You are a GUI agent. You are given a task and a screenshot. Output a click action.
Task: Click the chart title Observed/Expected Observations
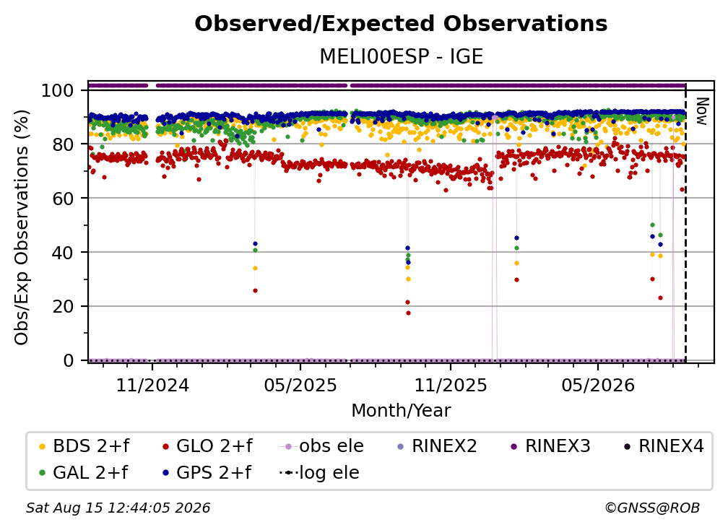pyautogui.click(x=401, y=24)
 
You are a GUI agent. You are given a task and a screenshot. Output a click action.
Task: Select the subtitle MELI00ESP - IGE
pyautogui.click(x=401, y=56)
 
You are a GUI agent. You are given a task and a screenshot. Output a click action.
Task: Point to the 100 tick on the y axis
pyautogui.click(x=58, y=90)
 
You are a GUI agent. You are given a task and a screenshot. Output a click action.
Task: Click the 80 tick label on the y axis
pyautogui.click(x=63, y=144)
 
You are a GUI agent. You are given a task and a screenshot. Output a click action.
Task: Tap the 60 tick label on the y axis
pyautogui.click(x=63, y=198)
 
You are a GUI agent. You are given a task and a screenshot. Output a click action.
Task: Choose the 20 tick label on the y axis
pyautogui.click(x=63, y=306)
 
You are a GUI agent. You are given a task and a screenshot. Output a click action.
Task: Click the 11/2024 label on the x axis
pyautogui.click(x=152, y=385)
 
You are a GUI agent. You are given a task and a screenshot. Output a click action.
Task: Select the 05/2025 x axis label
pyautogui.click(x=300, y=385)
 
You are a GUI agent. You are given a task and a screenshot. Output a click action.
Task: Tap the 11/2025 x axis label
pyautogui.click(x=451, y=385)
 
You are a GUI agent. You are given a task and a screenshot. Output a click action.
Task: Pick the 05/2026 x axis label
pyautogui.click(x=598, y=385)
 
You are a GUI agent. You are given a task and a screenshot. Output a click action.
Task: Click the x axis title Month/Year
pyautogui.click(x=401, y=410)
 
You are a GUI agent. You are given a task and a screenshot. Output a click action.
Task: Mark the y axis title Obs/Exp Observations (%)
pyautogui.click(x=22, y=227)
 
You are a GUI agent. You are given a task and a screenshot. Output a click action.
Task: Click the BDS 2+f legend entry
pyautogui.click(x=84, y=446)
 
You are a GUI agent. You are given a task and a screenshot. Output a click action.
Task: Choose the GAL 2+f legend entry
pyautogui.click(x=83, y=472)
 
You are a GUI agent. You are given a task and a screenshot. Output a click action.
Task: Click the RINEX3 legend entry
pyautogui.click(x=550, y=446)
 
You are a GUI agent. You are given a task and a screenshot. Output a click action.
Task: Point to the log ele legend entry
pyautogui.click(x=319, y=472)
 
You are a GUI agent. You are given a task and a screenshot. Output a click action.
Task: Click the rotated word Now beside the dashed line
pyautogui.click(x=702, y=111)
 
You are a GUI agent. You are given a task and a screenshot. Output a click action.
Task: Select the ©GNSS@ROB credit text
pyautogui.click(x=652, y=508)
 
